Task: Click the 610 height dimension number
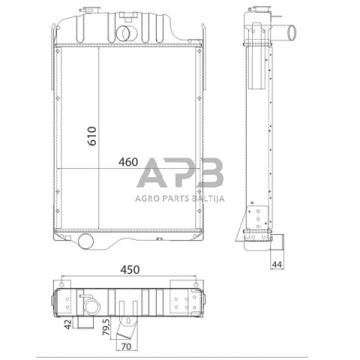coord(92,136)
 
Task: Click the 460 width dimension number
coord(128,162)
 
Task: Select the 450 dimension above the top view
coord(130,270)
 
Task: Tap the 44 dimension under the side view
coord(277,264)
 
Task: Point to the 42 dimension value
coord(67,324)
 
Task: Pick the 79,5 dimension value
coord(106,327)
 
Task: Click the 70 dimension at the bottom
coord(126,346)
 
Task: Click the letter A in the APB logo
coord(151,172)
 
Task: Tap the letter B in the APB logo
coord(210,172)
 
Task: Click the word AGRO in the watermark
coord(147,199)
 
